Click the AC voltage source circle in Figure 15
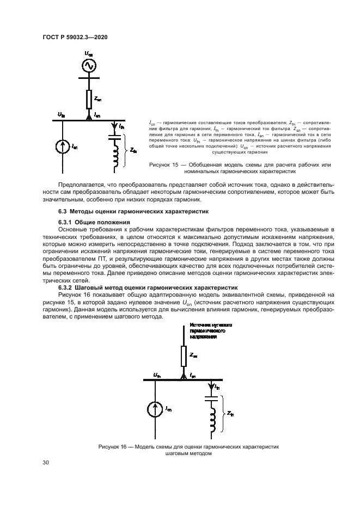coord(88,66)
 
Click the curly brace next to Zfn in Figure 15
coord(126,150)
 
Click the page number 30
coord(46,462)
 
